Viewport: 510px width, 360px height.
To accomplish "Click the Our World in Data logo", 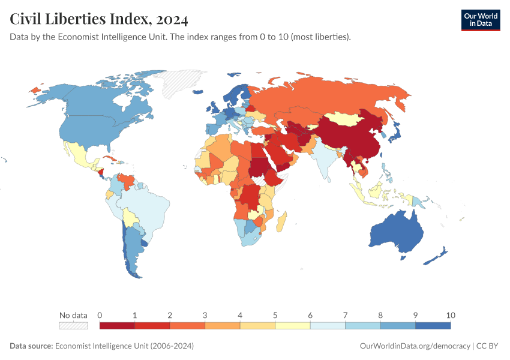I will coord(480,20).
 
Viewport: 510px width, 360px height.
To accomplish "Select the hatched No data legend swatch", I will coord(73,326).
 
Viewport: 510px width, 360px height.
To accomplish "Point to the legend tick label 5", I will coord(275,315).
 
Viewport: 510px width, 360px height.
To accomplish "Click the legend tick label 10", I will coord(451,315).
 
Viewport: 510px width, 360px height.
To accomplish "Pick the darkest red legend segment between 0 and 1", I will coord(117,326).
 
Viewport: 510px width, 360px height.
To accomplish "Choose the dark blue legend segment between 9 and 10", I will coord(433,326).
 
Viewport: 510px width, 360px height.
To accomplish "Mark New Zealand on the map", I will coord(436,257).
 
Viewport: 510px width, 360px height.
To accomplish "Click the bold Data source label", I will coord(31,346).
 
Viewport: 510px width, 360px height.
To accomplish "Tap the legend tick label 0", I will coord(100,315).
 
